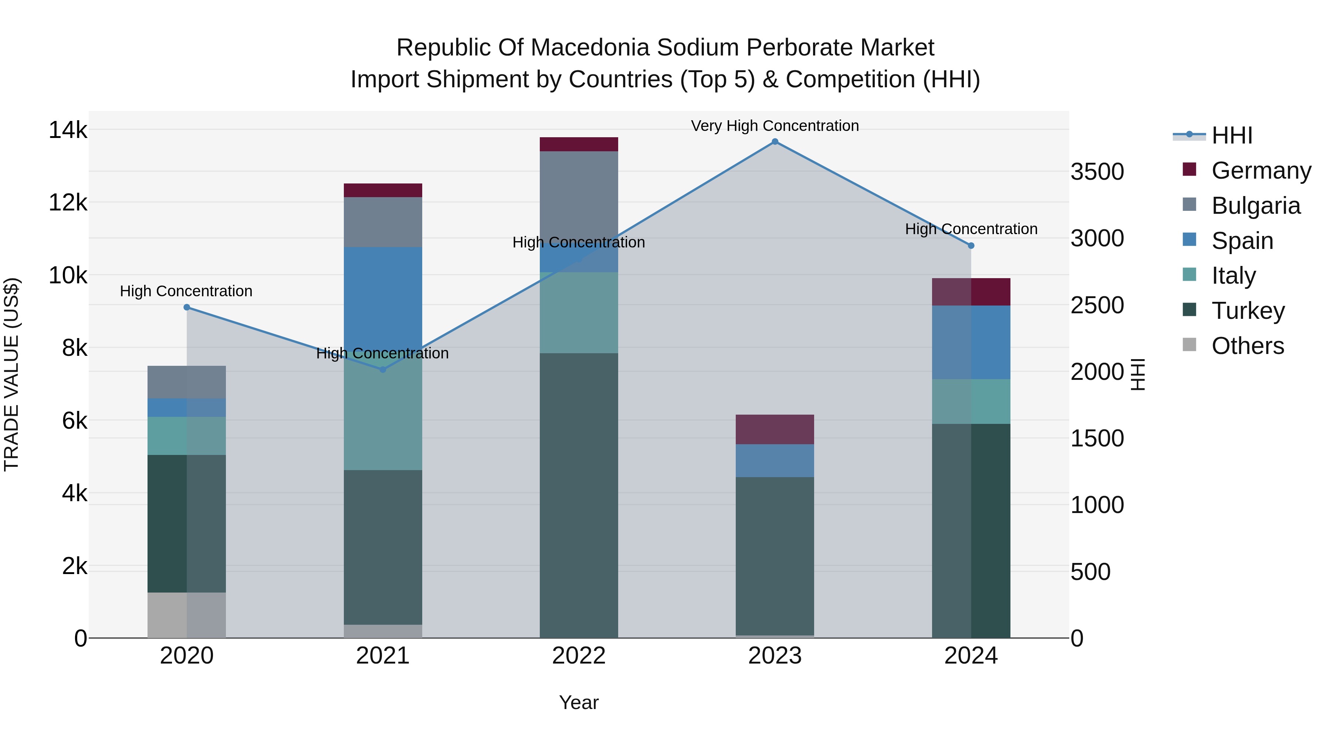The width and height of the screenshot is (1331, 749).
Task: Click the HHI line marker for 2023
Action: pos(775,142)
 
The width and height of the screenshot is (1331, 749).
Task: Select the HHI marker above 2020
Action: pos(187,308)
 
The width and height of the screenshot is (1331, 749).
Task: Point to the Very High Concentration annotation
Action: pos(775,126)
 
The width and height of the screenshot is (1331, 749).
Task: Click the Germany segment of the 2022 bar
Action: pos(579,144)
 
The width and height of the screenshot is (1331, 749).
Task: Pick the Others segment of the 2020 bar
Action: pos(187,615)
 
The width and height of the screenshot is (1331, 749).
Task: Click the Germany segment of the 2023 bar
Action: pos(775,429)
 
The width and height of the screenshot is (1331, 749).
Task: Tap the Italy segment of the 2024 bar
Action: pos(971,402)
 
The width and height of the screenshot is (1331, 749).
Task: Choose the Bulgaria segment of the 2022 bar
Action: pos(579,196)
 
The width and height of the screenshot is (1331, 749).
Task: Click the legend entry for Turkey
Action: pos(1247,311)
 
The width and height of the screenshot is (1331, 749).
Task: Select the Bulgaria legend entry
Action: pos(1255,206)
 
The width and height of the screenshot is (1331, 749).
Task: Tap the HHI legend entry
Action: pos(1231,135)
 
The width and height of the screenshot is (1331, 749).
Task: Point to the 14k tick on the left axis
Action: pos(68,130)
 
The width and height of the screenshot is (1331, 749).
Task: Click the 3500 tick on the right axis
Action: pos(1097,172)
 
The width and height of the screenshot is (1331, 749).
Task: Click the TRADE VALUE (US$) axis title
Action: pos(11,374)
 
